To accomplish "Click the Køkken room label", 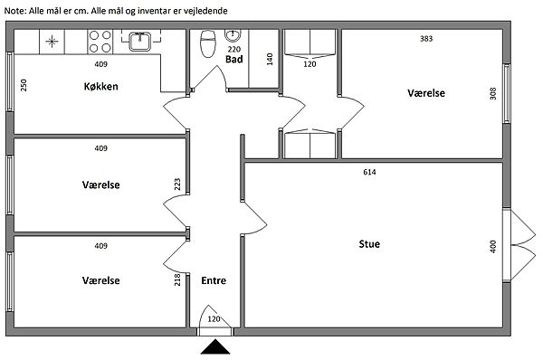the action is coord(100,86).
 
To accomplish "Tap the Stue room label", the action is coord(369,244).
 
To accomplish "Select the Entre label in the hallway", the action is coord(214,280).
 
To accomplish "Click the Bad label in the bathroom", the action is coord(234,59).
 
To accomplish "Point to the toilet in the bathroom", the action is coord(208,43).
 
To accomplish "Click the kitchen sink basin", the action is coord(140,42).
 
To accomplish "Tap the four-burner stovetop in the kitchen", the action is coord(100,42).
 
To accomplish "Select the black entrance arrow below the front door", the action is coord(215,346).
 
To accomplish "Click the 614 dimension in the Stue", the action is coord(369,172).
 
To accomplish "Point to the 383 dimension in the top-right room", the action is coord(426,38).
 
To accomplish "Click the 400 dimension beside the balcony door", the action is coord(493,246).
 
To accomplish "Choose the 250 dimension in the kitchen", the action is coord(24,85).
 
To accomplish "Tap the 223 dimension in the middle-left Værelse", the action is coord(177,185).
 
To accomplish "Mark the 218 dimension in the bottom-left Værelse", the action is coord(177,279).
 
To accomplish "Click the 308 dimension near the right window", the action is coord(493,93).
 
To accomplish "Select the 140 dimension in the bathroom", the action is coord(270,59).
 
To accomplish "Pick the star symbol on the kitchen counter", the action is coord(52,42).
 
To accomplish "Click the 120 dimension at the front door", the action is coord(214,318).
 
